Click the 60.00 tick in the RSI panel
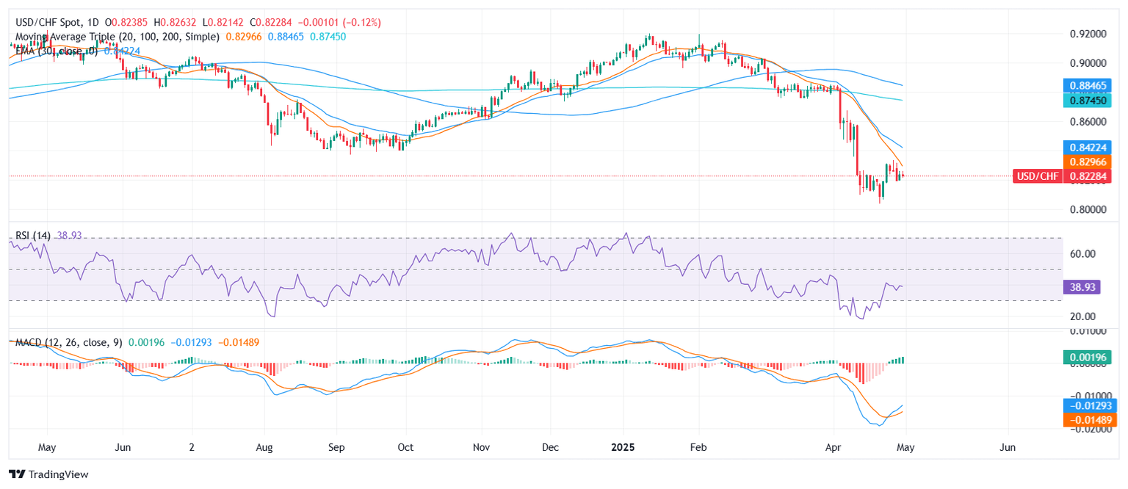coord(1080,254)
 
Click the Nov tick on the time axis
coord(481,446)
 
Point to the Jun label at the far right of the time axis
coord(1008,446)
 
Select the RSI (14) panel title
coord(34,234)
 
